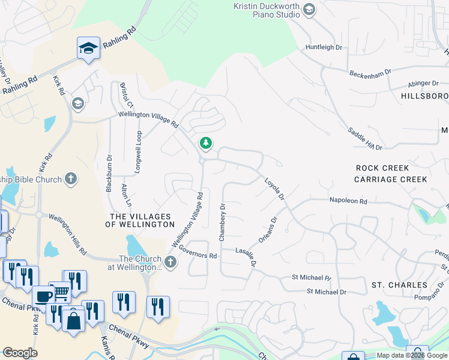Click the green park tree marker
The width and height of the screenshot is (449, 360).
(x=206, y=143)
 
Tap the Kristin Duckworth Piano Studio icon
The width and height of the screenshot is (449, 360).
(x=309, y=9)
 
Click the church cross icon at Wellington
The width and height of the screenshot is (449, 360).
(x=170, y=262)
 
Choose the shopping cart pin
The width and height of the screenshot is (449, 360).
(x=61, y=293)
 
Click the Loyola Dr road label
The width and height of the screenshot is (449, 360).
(x=274, y=188)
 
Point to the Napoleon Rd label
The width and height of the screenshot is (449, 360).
(x=348, y=202)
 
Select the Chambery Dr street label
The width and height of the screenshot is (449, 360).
(x=222, y=222)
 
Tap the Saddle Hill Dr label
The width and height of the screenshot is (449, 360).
(x=365, y=138)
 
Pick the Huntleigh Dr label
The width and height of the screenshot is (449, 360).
(x=324, y=47)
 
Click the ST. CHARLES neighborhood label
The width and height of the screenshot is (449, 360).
(x=399, y=285)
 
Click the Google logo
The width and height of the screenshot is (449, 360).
(x=20, y=353)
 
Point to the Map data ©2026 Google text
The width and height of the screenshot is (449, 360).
(x=412, y=355)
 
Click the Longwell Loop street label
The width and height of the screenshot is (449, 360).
(x=137, y=152)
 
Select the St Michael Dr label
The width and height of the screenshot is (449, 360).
(x=327, y=292)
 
